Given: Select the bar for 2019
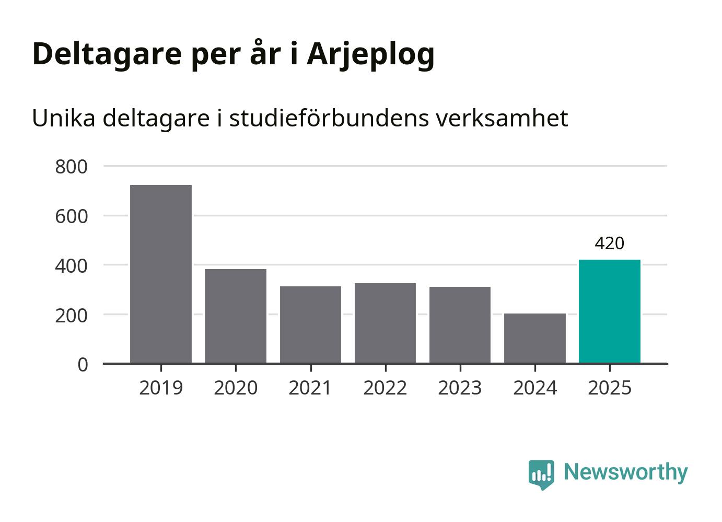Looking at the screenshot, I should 161,274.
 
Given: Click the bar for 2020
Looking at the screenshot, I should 236,316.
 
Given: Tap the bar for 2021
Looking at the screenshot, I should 310,324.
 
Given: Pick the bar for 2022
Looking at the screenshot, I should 385,323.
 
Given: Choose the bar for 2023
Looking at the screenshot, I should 460,324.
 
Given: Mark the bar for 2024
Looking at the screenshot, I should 534,338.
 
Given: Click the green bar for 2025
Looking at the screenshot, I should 609,311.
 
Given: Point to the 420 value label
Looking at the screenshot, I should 609,243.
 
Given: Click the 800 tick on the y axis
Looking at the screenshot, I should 71,167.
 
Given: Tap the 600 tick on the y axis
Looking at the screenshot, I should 71,216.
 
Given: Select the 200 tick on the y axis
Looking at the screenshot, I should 71,316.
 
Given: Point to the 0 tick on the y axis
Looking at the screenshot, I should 83,365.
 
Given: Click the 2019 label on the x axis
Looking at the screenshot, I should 161,388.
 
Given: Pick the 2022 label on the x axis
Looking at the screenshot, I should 385,388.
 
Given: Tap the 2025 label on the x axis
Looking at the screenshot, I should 609,388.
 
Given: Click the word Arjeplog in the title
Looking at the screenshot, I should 370,54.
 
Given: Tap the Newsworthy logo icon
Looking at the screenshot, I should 541,473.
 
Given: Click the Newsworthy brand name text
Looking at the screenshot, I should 625,472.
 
